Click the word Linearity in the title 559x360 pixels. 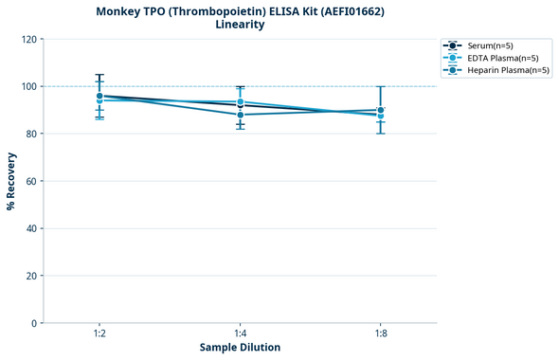(240, 25)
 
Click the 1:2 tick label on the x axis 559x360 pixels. (99, 333)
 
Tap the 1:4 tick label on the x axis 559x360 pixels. (240, 333)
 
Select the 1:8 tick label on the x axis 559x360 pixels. (380, 333)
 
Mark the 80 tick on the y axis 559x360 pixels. (31, 134)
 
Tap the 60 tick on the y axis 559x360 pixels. (31, 181)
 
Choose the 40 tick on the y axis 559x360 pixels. (31, 228)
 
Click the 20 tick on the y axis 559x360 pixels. (31, 276)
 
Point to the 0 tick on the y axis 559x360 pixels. (34, 323)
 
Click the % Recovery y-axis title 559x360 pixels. (11, 181)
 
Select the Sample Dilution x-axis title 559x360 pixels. (240, 348)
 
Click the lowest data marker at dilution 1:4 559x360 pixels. (240, 115)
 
